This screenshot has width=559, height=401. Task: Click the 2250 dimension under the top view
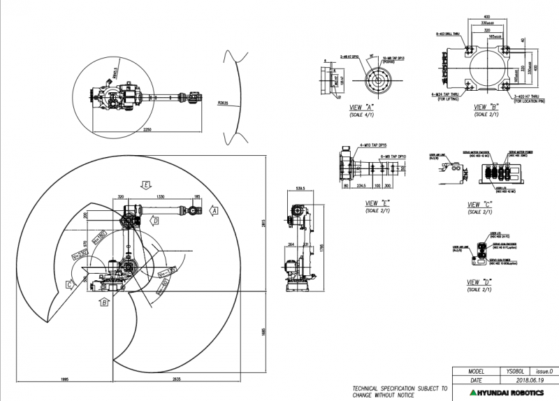click(x=147, y=130)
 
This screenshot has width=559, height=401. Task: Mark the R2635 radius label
click(x=223, y=103)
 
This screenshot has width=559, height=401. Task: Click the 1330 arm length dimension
click(x=161, y=198)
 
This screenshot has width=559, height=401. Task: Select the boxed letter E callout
click(x=146, y=184)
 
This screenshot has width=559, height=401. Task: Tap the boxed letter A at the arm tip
click(x=215, y=210)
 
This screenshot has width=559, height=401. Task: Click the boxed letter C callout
click(x=69, y=284)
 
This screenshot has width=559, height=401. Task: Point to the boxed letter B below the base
click(x=104, y=302)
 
